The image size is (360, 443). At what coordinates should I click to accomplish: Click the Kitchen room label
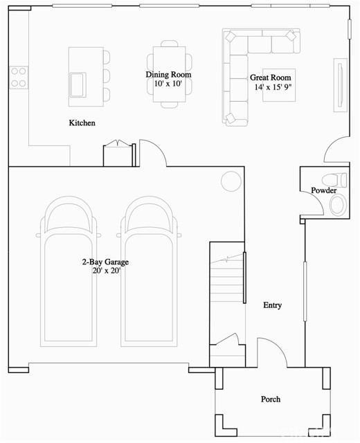82,123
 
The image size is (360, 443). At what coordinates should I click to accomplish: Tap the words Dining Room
168,75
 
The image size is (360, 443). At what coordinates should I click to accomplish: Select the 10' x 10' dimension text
168,84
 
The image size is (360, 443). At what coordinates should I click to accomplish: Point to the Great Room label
271,78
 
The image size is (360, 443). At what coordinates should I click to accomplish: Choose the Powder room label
324,190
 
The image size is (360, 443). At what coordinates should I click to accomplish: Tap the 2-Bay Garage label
105,262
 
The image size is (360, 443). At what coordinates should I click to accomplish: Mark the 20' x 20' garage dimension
105,271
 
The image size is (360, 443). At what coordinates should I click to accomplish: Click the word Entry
273,305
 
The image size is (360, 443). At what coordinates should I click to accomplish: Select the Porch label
271,399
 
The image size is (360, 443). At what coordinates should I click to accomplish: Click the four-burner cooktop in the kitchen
18,76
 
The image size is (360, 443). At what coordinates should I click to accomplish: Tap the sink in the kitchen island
77,84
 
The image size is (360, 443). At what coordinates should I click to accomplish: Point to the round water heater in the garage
229,182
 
